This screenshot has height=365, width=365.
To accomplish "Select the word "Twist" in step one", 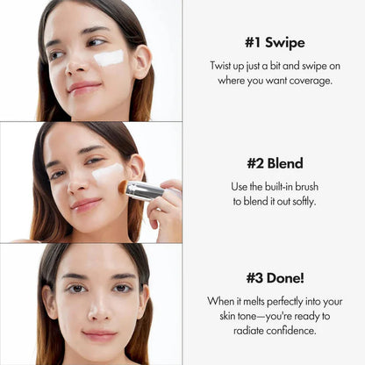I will [x=221, y=67].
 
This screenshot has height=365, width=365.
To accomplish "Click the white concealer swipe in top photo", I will [x=110, y=58].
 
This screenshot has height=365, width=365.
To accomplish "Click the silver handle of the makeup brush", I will [x=146, y=190].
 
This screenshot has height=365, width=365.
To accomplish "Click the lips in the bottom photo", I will [x=98, y=335].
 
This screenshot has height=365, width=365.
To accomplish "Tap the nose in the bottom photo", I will [x=97, y=308].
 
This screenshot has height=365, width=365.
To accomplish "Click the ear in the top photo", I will [x=140, y=61].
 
